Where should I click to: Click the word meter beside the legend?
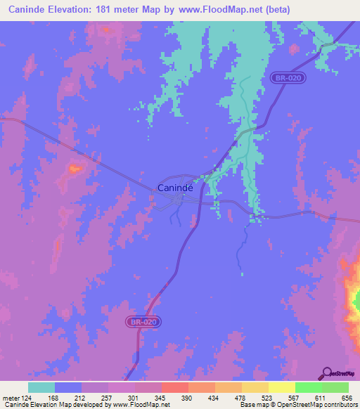[11, 398]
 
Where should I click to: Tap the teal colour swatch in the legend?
[41, 387]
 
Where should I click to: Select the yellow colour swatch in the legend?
[281, 387]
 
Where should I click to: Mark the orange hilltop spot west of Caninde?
[74, 168]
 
